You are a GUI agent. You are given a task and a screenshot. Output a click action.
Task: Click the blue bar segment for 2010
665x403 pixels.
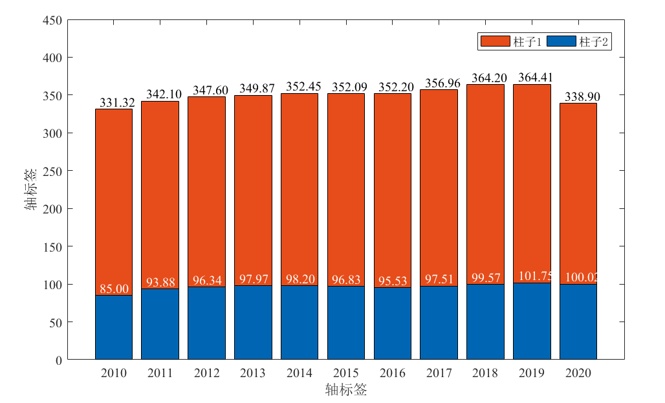[x=114, y=327]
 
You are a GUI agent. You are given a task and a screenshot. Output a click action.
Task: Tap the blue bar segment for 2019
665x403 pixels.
[x=532, y=321]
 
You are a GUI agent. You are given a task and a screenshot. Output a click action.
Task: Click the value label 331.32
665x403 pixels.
[x=116, y=103]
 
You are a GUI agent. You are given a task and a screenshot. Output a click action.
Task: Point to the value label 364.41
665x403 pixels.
[x=535, y=78]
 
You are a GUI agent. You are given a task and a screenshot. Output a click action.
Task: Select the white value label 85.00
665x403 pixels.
[x=114, y=289]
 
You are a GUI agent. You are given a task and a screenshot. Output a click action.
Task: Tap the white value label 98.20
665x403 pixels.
[x=300, y=279]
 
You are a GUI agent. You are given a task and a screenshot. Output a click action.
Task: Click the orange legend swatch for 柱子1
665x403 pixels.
[x=495, y=41]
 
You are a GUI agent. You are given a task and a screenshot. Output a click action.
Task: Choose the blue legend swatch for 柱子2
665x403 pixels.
[x=561, y=41]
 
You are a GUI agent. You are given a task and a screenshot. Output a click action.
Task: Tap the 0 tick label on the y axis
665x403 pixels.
[x=59, y=360]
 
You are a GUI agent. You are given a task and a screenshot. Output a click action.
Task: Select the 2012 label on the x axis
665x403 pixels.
[x=206, y=373]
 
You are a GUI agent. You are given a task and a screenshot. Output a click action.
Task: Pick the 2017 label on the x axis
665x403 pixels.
[x=439, y=373]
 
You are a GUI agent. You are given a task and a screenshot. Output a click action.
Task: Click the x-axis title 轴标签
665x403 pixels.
[x=346, y=390]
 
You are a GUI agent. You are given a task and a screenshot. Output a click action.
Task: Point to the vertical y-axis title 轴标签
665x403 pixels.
[x=31, y=190]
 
